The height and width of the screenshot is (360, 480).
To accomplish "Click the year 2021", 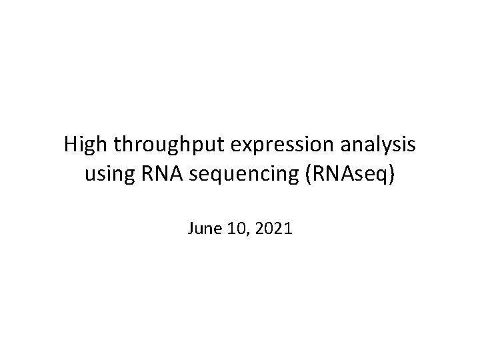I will [x=271, y=229].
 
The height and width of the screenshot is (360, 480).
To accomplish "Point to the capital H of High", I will [x=71, y=145].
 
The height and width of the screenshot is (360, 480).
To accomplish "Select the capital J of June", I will [x=191, y=229].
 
